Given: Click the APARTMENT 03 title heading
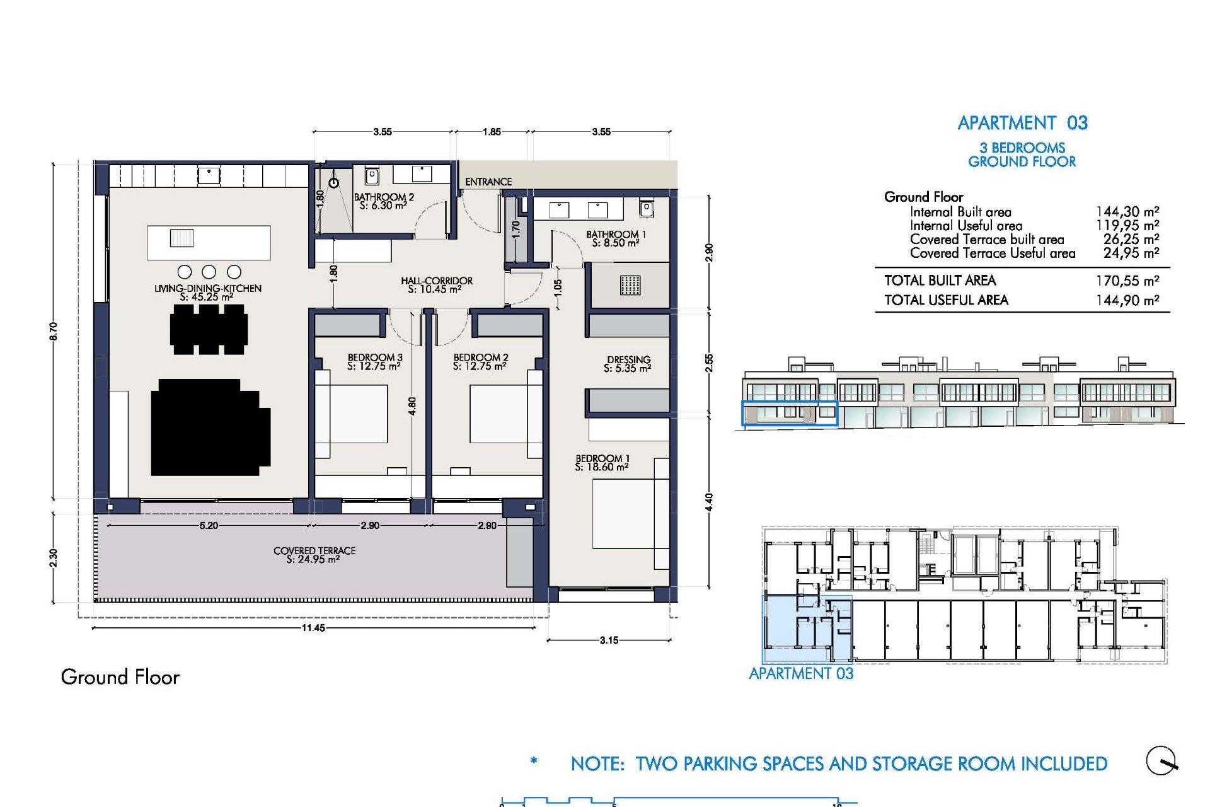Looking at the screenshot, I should point(1022,123).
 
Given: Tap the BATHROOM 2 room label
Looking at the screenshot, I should point(383,201).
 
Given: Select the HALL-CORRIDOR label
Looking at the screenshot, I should point(436,284).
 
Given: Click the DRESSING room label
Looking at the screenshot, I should point(628,364).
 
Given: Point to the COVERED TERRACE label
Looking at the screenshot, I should point(314,554).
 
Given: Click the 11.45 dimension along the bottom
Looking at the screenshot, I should point(313,628).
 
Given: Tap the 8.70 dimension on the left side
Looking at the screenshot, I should point(54,331).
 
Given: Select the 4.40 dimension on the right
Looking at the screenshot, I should point(709,502).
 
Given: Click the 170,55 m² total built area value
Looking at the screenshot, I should point(1127,281).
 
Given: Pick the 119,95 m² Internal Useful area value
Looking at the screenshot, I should point(1127,226).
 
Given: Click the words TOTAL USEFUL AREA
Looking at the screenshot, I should point(946,300).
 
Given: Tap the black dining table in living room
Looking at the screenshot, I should point(209,329).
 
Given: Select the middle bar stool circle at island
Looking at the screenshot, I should point(209,272).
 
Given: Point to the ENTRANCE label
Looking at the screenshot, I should point(488,182).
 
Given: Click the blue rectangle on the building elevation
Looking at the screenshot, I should point(789,413).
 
